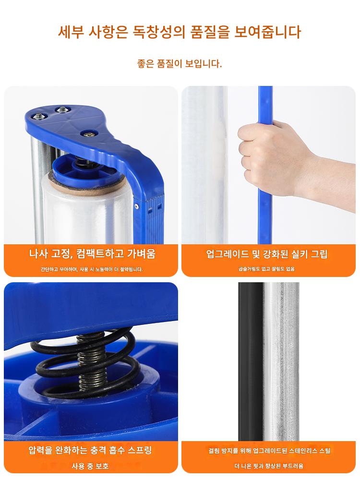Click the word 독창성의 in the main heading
point(159,32)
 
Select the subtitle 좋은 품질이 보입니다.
point(180,64)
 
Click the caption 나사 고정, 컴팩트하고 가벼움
point(92,254)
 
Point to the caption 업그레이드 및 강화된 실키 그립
point(267,254)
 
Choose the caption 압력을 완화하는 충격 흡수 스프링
point(90,450)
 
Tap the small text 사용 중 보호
point(90,466)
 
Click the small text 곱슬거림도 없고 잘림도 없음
point(266,269)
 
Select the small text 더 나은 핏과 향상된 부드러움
point(269,466)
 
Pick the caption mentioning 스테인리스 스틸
point(269,451)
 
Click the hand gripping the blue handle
point(282,159)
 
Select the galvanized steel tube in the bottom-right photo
point(281,361)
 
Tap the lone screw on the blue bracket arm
point(89,134)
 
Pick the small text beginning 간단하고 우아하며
point(92,269)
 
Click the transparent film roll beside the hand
point(204,165)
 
